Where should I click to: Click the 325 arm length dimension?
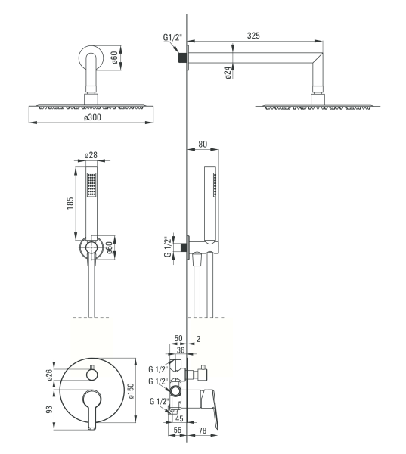point(253,36)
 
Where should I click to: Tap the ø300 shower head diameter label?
point(92,117)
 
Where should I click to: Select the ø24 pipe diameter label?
point(228,73)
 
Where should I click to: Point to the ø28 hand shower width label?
point(91,155)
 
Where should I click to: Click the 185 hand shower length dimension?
point(70,204)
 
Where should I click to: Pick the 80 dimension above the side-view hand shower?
point(203,144)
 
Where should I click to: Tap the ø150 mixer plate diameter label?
point(131,391)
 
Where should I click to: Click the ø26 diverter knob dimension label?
point(49,375)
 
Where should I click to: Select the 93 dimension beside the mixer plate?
point(49,409)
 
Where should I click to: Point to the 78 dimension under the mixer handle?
point(203,431)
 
